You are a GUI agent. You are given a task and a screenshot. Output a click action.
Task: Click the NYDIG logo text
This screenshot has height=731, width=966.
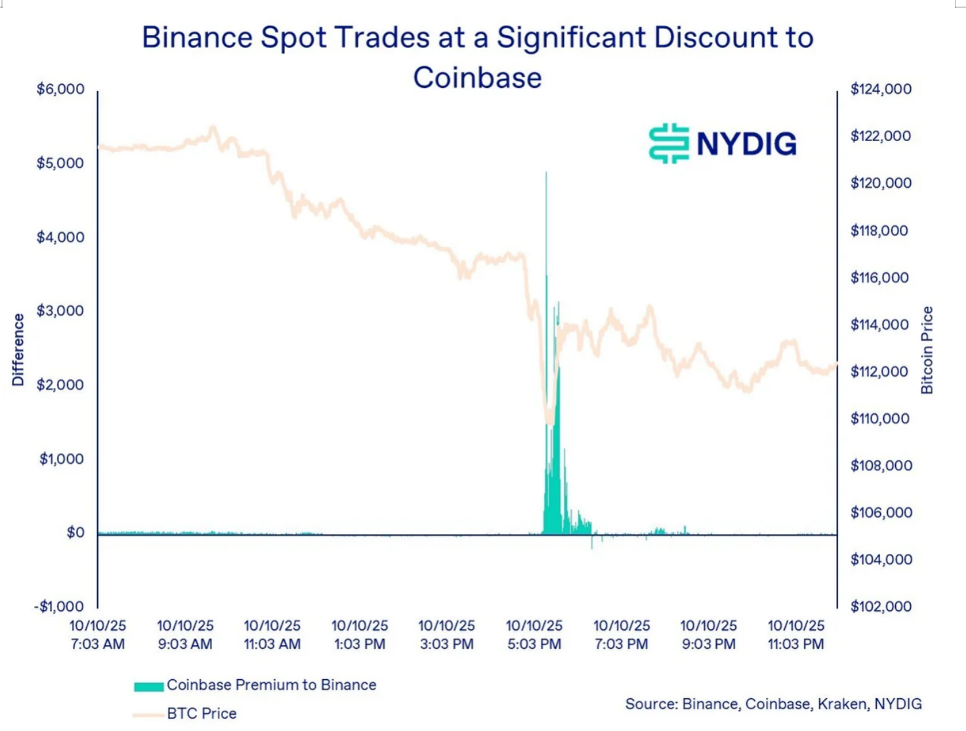click(x=746, y=144)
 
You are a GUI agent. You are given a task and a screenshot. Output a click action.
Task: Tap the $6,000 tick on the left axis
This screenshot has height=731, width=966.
click(x=60, y=89)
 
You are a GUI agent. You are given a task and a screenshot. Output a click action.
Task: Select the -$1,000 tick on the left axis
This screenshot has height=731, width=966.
click(x=59, y=606)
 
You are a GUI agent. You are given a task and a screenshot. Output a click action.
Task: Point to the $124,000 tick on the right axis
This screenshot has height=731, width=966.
click(x=881, y=89)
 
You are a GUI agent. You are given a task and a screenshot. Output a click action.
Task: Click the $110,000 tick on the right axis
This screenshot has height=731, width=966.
click(x=880, y=419)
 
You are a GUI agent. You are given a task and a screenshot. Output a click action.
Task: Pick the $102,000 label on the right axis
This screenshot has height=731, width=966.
click(x=881, y=606)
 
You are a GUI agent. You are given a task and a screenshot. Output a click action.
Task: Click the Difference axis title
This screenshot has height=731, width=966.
click(x=18, y=350)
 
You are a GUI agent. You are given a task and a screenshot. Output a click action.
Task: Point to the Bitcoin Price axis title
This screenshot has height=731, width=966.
click(x=927, y=350)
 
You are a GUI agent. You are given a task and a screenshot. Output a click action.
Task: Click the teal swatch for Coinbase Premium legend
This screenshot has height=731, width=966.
click(x=148, y=686)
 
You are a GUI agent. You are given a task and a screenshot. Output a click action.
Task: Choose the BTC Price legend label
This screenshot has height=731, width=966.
click(x=201, y=713)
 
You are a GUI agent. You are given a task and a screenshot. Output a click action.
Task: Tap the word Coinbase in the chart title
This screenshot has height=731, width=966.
click(x=477, y=77)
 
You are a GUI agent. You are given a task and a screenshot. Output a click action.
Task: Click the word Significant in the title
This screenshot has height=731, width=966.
click(x=571, y=37)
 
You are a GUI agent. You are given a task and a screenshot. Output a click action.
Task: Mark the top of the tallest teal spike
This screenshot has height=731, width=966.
click(x=546, y=173)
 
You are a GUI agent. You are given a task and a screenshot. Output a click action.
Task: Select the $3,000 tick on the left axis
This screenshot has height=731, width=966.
click(x=60, y=311)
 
